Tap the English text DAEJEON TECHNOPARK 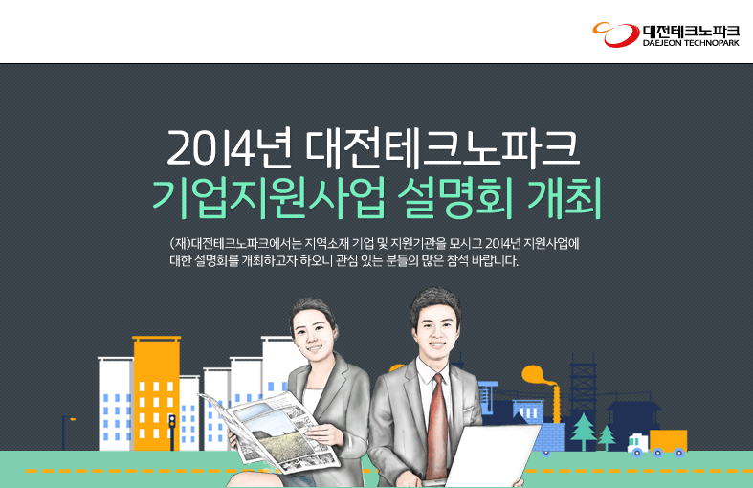[x=691, y=43]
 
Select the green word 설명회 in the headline [x=455, y=198]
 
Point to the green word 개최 [x=565, y=198]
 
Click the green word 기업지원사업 [x=269, y=198]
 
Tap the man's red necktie [x=436, y=425]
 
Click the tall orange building [x=157, y=393]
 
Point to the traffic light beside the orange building [x=172, y=432]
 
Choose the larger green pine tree [x=584, y=431]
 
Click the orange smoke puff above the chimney [x=538, y=375]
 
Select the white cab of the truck [x=638, y=444]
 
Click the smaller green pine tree [x=607, y=436]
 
